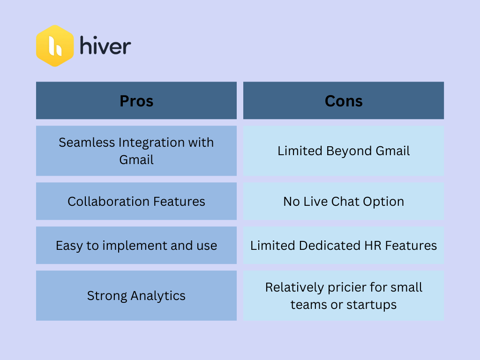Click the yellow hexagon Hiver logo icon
click(55, 46)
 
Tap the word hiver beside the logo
click(105, 45)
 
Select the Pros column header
click(136, 100)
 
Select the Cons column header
click(344, 100)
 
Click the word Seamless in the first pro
click(87, 142)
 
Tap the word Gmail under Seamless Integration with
click(136, 160)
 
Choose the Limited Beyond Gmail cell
click(344, 150)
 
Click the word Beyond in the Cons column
click(349, 151)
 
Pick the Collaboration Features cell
click(136, 201)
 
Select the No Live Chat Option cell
click(344, 201)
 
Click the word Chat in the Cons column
click(345, 202)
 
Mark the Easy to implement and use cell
click(136, 245)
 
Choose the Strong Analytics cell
click(136, 295)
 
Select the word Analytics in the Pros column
click(158, 296)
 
